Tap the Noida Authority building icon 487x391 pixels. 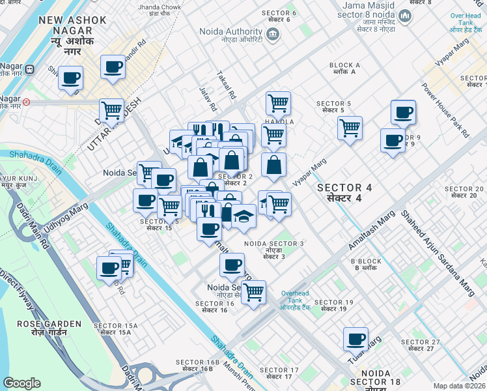[273, 34]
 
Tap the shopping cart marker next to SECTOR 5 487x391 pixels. [350, 126]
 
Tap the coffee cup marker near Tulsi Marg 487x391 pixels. [356, 339]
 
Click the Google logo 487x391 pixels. [22, 383]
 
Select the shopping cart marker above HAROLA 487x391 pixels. [278, 102]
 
